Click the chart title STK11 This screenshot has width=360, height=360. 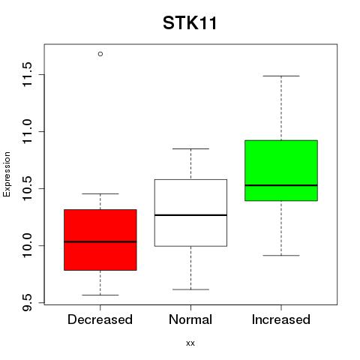pos(190,23)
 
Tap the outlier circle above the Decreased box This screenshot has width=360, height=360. pos(100,54)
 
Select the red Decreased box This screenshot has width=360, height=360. pos(100,240)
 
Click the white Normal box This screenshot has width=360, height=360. pos(190,213)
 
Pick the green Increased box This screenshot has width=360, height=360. pos(281,170)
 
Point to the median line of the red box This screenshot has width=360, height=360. pos(100,241)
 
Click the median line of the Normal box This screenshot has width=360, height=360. pos(190,215)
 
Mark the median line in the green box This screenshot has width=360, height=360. pos(281,185)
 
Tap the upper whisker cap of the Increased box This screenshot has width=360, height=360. pos(281,76)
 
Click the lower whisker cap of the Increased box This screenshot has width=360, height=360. pos(281,256)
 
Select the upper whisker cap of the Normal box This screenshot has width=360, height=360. pos(190,148)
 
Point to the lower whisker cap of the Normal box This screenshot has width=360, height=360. pos(190,289)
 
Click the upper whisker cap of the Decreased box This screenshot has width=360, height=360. pos(100,193)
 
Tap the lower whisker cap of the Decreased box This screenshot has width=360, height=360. pos(100,295)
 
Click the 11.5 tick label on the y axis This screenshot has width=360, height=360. pos(27,74)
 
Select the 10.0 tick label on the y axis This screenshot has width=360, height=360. pos(27,245)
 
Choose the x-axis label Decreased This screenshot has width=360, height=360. pos(100,319)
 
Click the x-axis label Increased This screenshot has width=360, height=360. pos(281,319)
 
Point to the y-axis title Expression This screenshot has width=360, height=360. pos(7,174)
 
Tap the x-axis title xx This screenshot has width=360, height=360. pos(190,343)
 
